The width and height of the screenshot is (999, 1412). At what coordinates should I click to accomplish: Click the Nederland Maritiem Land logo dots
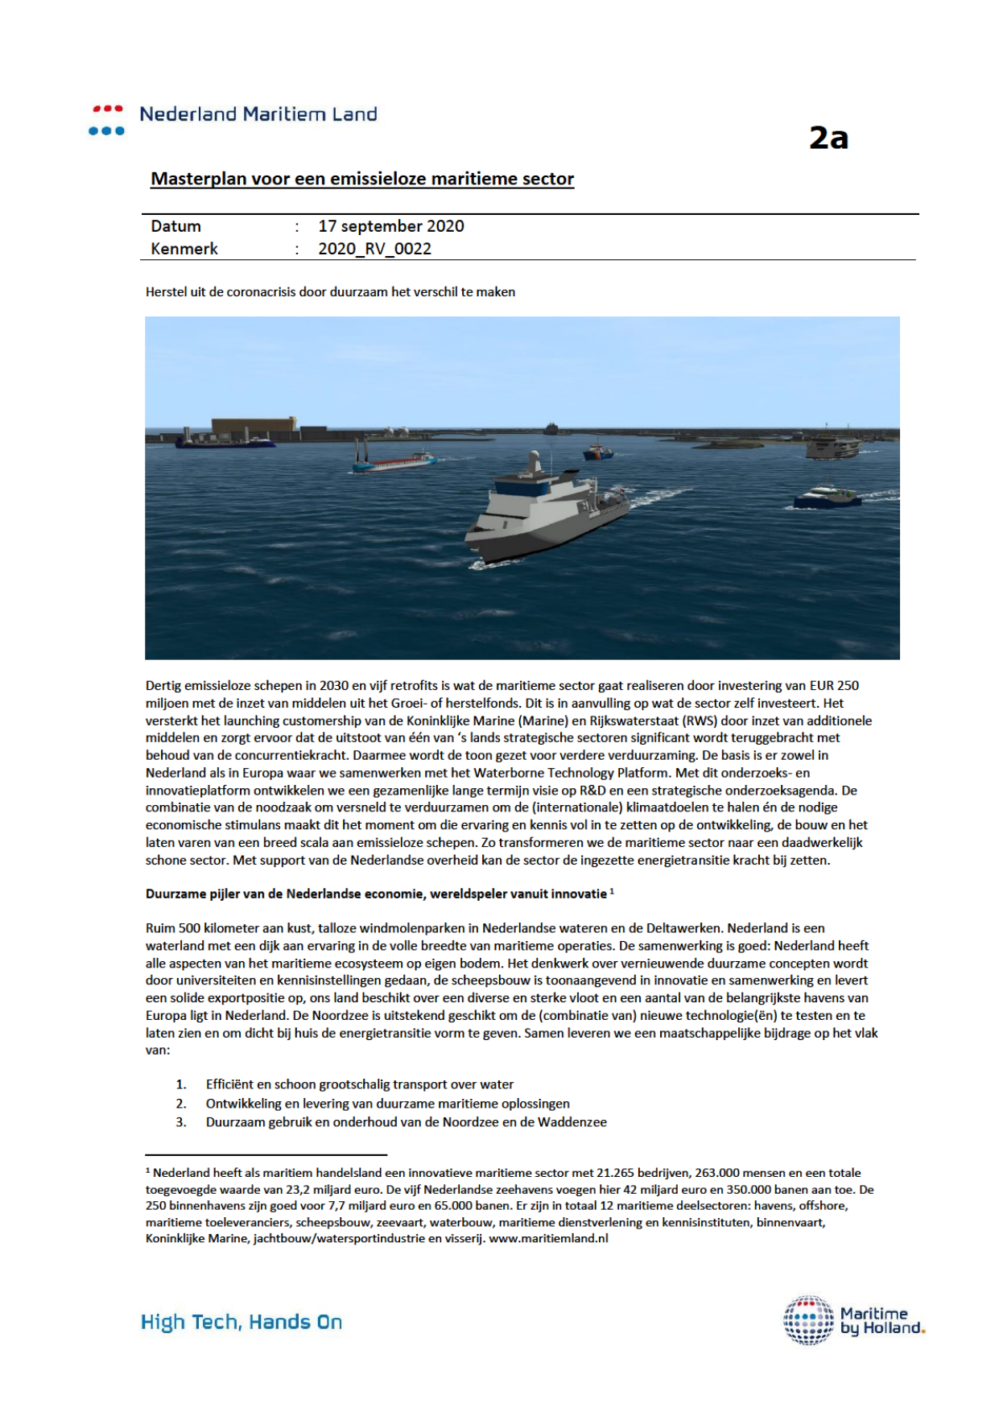(x=107, y=119)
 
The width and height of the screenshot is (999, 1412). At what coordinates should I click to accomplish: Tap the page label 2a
(x=828, y=138)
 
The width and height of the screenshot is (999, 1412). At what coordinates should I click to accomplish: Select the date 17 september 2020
(x=390, y=226)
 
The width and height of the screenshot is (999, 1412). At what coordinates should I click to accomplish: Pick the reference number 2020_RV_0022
(x=374, y=249)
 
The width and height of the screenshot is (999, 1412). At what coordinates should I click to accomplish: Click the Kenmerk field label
(x=184, y=249)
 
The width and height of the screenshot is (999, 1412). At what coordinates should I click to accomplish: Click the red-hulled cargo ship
(x=393, y=461)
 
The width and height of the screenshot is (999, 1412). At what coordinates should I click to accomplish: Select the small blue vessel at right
(x=828, y=497)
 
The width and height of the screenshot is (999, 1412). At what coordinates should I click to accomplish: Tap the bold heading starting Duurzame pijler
(x=376, y=894)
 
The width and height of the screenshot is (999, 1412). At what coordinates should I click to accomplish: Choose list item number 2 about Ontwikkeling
(x=387, y=1104)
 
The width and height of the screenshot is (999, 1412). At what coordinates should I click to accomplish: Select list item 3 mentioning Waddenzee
(x=406, y=1122)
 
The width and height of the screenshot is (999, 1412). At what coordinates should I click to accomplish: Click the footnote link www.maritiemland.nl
(x=548, y=1238)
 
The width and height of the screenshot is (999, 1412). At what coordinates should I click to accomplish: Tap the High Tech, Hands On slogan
(x=241, y=1322)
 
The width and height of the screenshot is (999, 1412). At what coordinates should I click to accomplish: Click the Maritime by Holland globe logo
(x=809, y=1320)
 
